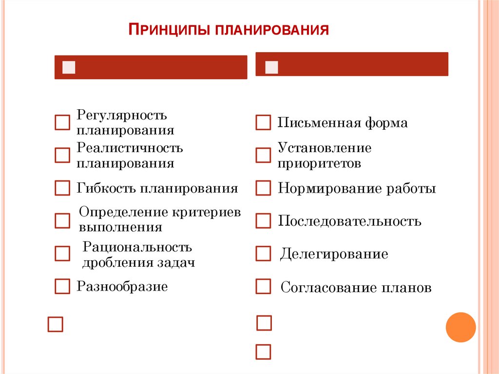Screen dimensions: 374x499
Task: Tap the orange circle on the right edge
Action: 461,327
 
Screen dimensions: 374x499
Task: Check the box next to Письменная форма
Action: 263,123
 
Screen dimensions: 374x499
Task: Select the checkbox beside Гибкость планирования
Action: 62,188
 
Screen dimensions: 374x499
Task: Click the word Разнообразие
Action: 122,286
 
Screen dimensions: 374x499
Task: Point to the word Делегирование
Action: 334,254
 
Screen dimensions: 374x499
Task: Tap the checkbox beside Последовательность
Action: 263,221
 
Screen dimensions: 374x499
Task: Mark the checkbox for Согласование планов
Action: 263,286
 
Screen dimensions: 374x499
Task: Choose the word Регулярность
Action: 122,116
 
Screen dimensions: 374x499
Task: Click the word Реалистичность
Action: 130,147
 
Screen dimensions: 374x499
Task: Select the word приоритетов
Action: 319,163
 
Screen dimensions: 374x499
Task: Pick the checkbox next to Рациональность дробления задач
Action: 62,254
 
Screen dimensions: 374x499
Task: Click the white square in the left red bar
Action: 69,67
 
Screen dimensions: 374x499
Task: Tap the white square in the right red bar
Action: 271,67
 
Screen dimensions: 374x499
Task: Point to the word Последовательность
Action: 349,221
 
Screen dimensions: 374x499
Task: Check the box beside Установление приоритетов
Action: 263,155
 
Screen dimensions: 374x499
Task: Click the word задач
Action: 176,262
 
